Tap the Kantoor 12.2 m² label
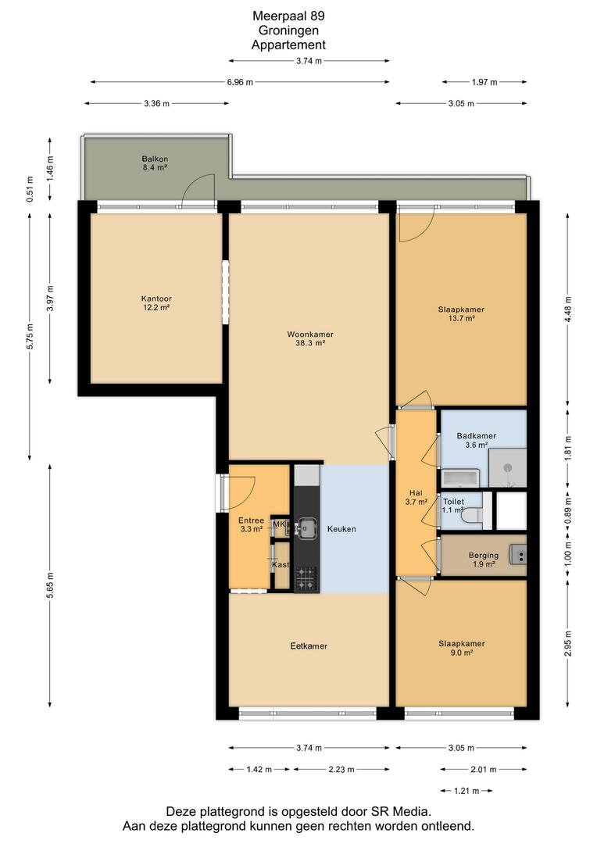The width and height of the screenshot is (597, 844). click(156, 303)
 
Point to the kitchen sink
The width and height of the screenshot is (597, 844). click(306, 527)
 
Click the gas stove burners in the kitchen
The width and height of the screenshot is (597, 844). click(307, 578)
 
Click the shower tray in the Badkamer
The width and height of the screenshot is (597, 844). click(507, 467)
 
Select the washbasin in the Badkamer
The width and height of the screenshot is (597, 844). click(460, 477)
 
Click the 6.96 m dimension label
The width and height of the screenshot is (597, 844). click(240, 82)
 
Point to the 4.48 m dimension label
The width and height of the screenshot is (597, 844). click(569, 309)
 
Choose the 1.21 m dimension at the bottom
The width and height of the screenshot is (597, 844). click(467, 791)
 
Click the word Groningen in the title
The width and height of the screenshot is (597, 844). click(288, 30)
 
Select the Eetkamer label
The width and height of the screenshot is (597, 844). click(309, 646)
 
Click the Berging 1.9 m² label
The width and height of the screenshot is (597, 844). click(484, 560)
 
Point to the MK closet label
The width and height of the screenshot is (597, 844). click(278, 524)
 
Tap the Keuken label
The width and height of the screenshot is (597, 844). click(341, 529)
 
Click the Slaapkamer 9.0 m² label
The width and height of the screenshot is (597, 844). click(461, 648)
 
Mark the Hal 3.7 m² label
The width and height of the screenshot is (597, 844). click(416, 497)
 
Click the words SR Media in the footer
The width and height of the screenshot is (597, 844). click(401, 811)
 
